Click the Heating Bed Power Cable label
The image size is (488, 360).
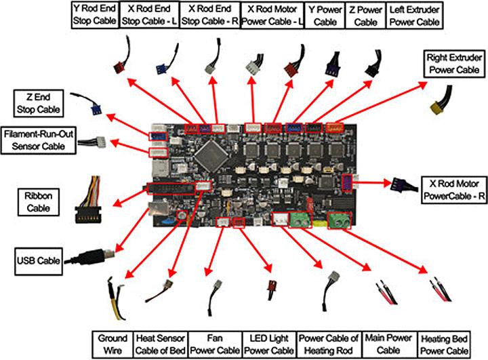(x=444, y=344)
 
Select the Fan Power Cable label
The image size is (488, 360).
(x=214, y=344)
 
